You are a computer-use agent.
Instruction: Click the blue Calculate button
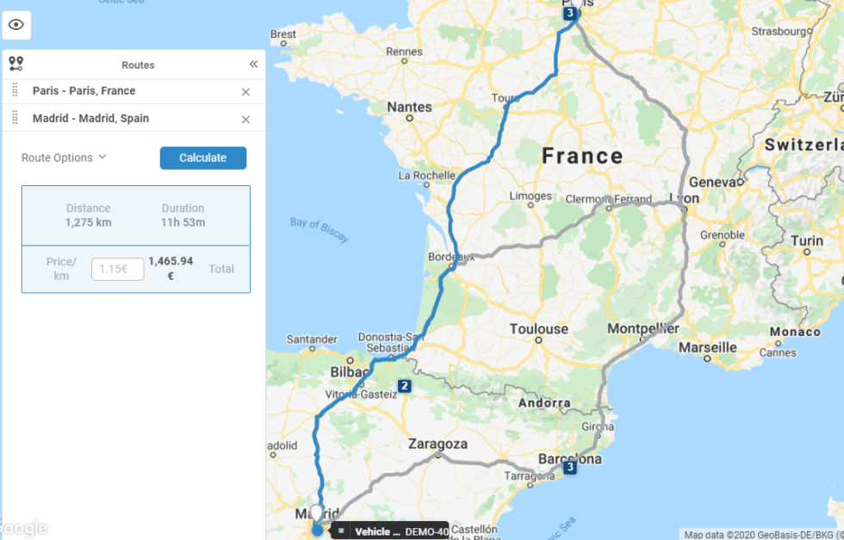tap(203, 158)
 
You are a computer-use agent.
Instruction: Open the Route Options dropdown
tap(64, 158)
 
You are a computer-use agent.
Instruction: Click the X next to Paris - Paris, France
tap(245, 92)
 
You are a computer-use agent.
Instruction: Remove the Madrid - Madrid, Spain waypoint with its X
tap(245, 120)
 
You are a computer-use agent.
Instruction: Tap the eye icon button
tap(16, 25)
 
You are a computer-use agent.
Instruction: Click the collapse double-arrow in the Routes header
tap(253, 65)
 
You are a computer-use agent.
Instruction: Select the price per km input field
tap(118, 269)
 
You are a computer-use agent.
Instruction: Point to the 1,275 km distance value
tap(88, 222)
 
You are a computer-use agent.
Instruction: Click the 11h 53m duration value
tap(183, 222)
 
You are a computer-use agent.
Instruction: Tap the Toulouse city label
tap(539, 329)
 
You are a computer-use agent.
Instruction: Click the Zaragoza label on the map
tap(438, 444)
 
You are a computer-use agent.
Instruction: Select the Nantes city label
tap(409, 107)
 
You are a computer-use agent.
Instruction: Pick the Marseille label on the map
tap(708, 347)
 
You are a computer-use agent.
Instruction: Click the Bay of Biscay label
tap(320, 229)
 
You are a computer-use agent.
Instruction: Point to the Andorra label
tap(544, 402)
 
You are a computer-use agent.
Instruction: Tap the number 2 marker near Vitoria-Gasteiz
tap(404, 386)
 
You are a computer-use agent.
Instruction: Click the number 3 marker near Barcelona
tap(570, 468)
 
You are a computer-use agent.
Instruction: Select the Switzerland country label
tap(803, 146)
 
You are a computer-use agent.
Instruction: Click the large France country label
tap(582, 156)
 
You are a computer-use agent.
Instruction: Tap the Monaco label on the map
tap(795, 332)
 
